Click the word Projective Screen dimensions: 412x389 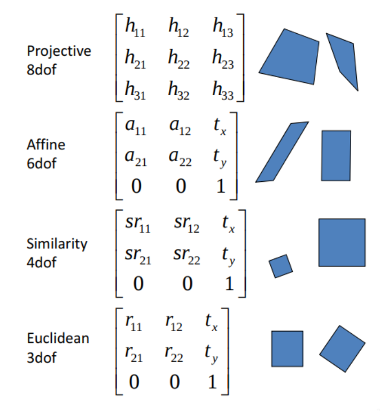click(x=59, y=51)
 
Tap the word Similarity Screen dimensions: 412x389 click(x=57, y=243)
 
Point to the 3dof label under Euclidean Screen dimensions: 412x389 click(x=41, y=357)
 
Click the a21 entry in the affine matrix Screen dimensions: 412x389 click(x=137, y=158)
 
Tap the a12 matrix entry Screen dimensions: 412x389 click(x=181, y=127)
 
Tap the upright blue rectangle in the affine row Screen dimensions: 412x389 click(x=336, y=155)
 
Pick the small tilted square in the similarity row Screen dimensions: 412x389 click(x=281, y=266)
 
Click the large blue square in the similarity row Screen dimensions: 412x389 click(x=342, y=242)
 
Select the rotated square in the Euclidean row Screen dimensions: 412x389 click(x=343, y=348)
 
